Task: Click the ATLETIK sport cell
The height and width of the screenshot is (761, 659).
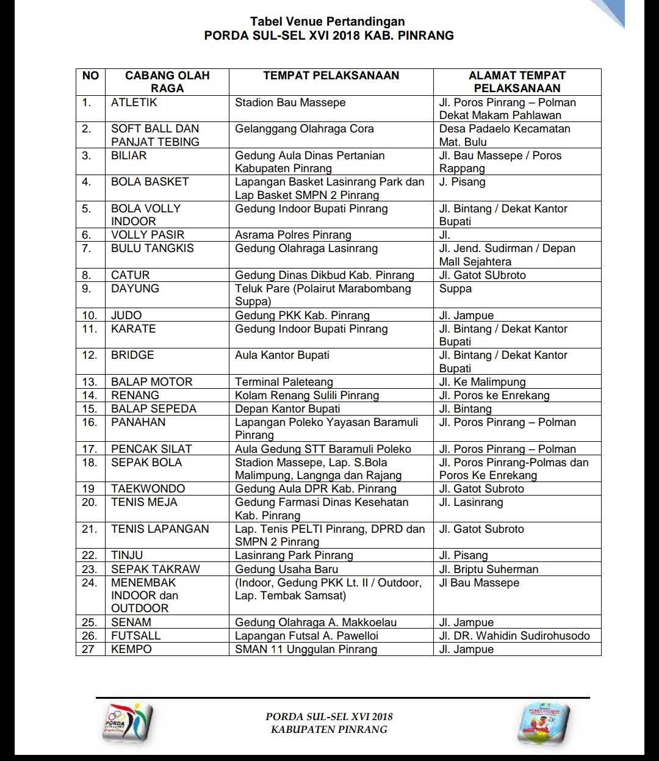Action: coord(134,103)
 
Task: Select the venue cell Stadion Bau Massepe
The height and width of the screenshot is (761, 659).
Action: coord(290,103)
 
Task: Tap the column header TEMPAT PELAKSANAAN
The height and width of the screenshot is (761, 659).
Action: coord(331,76)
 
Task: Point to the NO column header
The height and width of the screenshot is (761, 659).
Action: coord(90,76)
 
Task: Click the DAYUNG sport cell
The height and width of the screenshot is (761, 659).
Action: coord(135,289)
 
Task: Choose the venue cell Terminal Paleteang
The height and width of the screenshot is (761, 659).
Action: coord(284,382)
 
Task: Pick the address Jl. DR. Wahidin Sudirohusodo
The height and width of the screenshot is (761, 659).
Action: coord(514,636)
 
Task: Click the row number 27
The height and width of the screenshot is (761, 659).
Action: coord(88,649)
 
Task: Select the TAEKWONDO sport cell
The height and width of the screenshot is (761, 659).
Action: coord(148,489)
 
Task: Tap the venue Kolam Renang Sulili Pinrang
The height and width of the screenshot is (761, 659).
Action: coord(307,395)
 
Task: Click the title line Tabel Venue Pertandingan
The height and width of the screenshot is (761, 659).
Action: coord(328,22)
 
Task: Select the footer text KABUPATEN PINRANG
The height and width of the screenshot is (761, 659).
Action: coord(329,729)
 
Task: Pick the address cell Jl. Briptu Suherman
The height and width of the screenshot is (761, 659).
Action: coord(489,569)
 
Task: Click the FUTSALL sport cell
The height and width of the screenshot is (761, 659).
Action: coord(135,636)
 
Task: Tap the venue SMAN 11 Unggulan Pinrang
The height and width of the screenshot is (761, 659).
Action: coord(306,649)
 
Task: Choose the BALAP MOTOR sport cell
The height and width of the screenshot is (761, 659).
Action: coord(151,382)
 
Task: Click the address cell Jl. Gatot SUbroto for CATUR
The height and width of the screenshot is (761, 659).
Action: coord(482,275)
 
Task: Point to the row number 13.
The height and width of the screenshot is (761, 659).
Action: coord(90,382)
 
